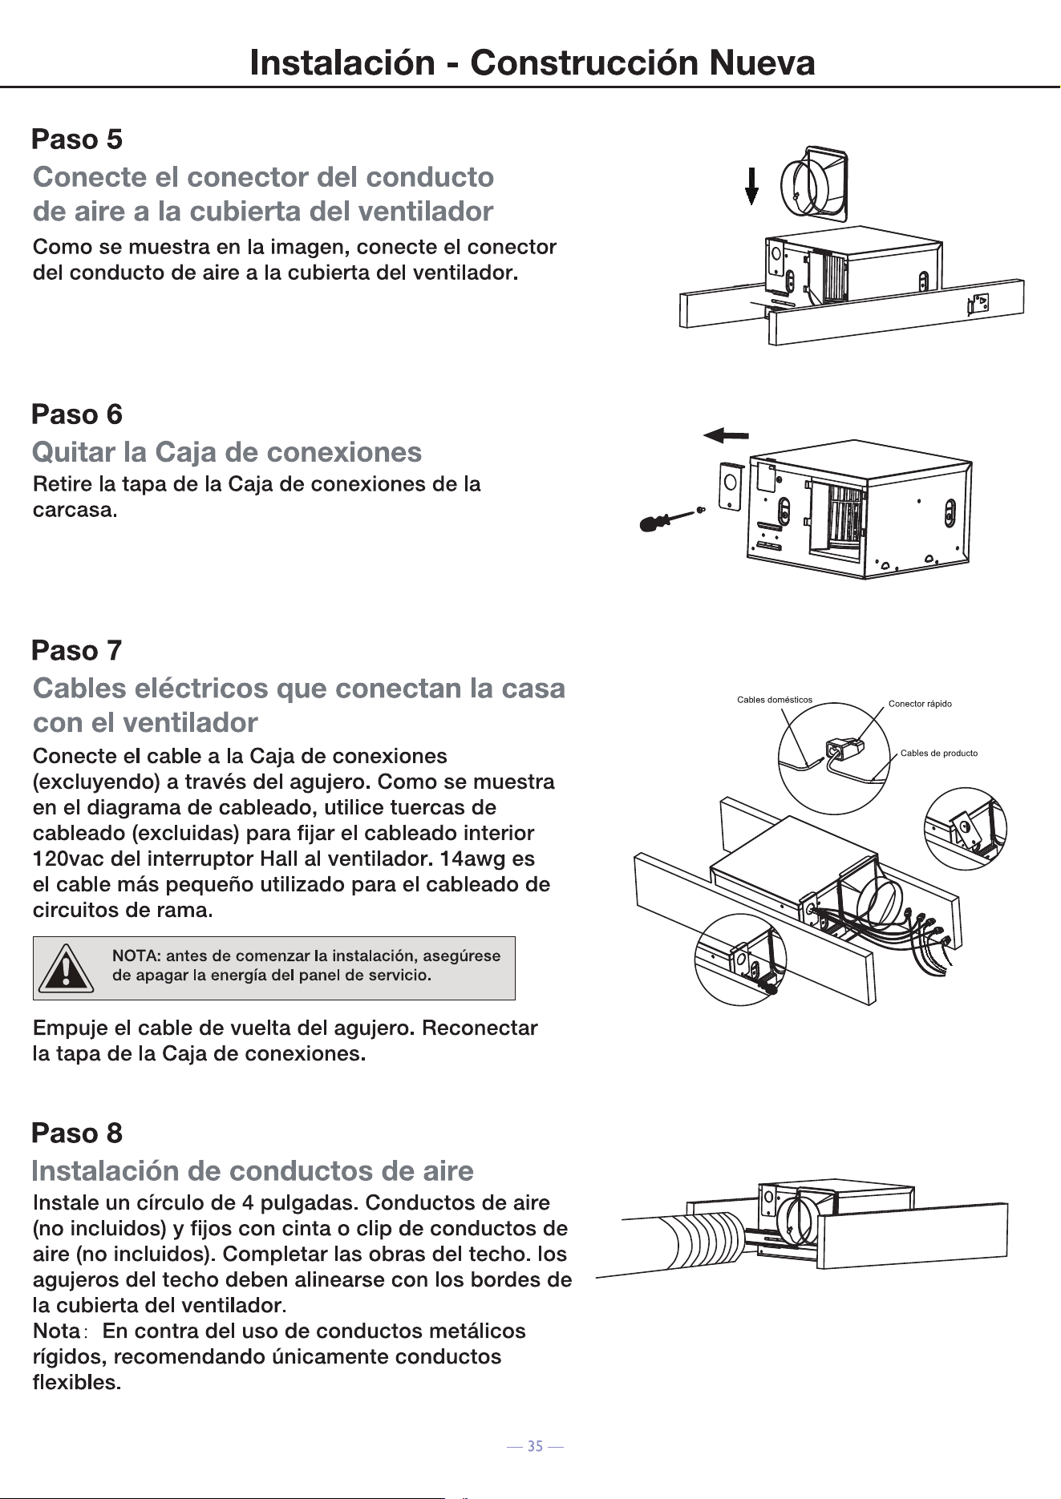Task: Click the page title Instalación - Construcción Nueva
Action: coord(533,63)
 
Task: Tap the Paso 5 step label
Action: coord(77,139)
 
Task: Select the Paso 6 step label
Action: coord(77,414)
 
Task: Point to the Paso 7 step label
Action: coord(77,650)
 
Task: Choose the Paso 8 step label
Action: coord(77,1133)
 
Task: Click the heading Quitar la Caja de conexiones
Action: coord(227,452)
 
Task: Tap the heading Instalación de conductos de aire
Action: coord(253,1171)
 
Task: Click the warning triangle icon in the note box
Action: coord(67,968)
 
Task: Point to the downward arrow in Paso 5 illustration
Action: coord(751,185)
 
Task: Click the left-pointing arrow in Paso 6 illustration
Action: coord(726,435)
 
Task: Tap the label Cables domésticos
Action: coord(775,700)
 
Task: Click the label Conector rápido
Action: coord(920,704)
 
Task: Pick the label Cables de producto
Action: coord(939,754)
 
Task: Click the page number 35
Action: coord(535,1447)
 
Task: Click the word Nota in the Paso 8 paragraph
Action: coord(55,1331)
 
